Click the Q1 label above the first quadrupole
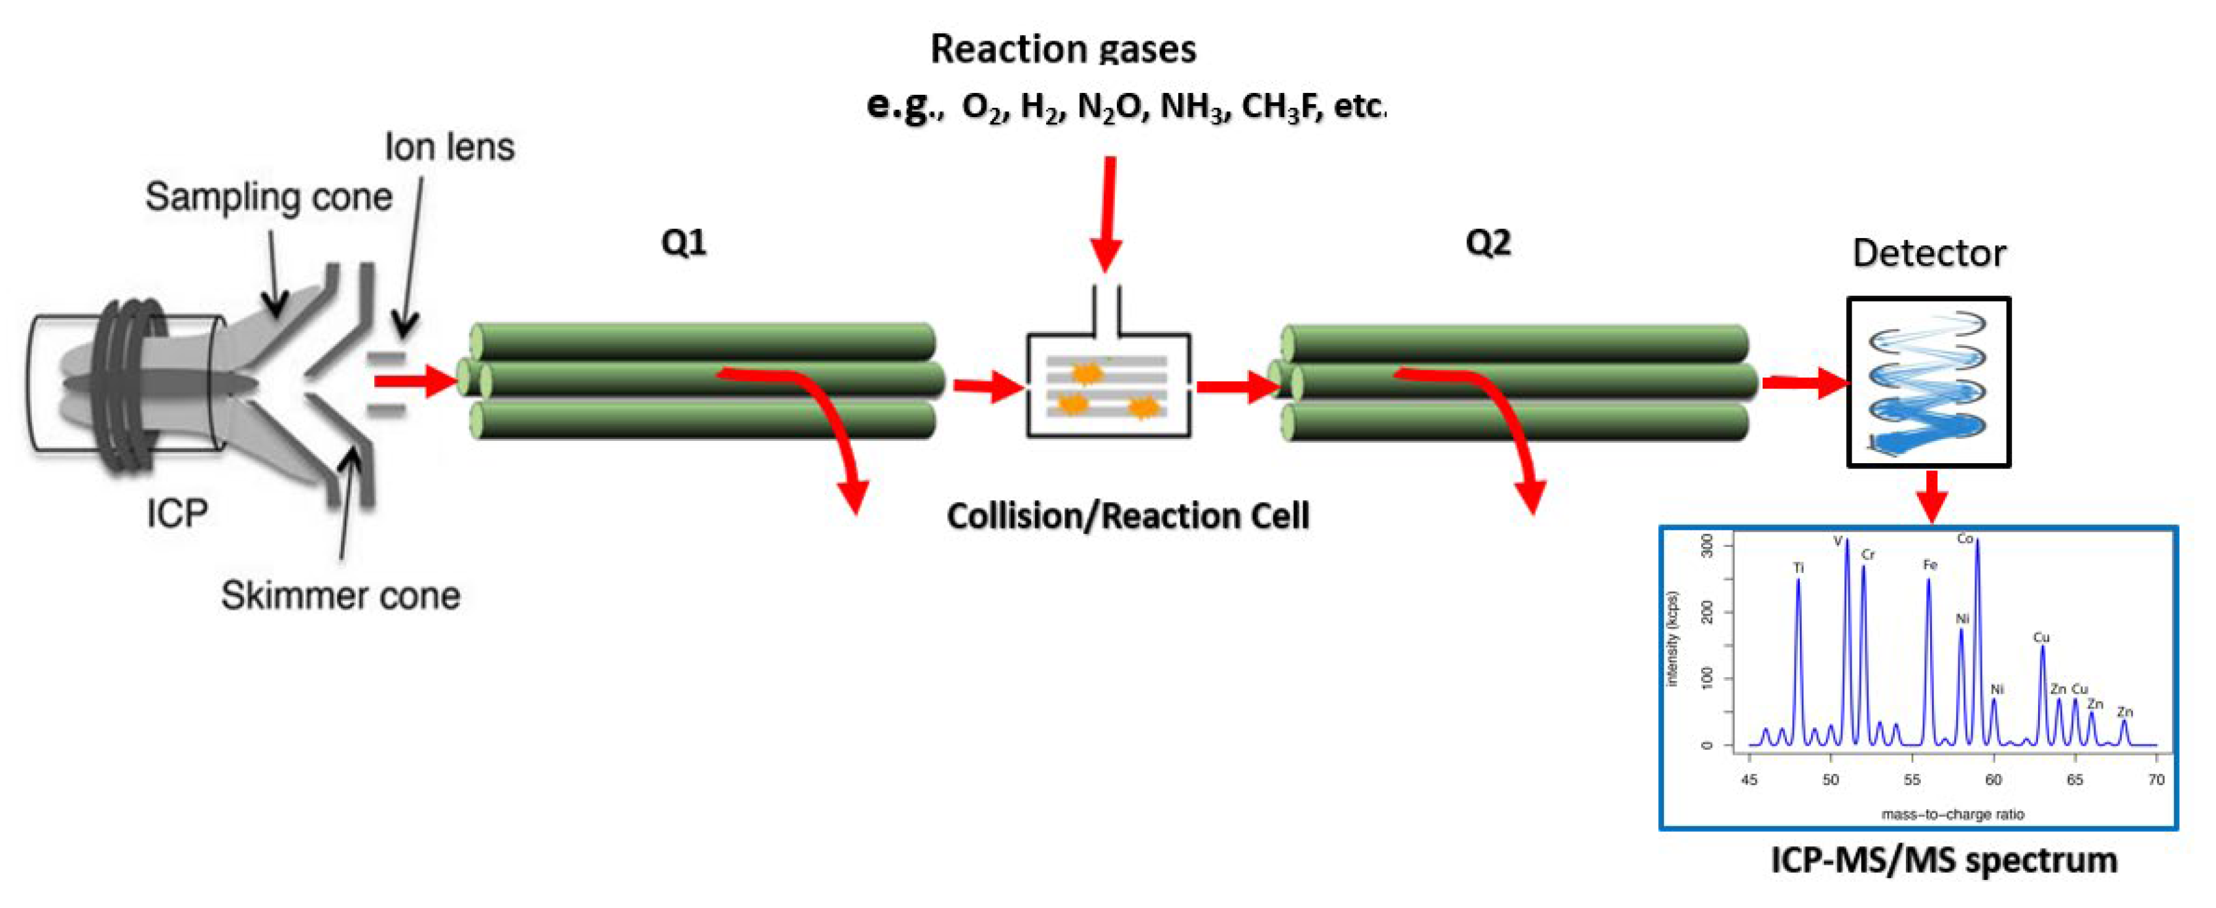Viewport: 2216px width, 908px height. coord(684,243)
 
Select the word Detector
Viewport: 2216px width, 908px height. coord(1929,254)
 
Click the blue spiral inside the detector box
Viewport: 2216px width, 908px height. coord(1928,383)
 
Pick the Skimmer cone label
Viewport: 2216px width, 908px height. coord(341,595)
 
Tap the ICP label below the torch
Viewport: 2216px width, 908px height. coord(177,514)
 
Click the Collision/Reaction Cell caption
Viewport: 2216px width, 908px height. coord(1128,516)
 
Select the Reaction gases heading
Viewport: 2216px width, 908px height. coord(1063,49)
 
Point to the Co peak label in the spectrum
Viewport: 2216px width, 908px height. coord(1965,539)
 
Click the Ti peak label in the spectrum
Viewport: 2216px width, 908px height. coord(1798,568)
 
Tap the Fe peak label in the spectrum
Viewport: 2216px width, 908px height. coord(1929,565)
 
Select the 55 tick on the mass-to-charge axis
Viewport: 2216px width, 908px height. coord(1912,780)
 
